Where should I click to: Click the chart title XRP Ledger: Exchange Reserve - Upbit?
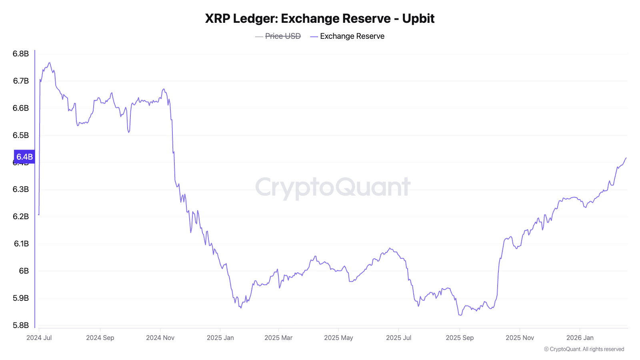pos(320,19)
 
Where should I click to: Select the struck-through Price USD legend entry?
pos(283,36)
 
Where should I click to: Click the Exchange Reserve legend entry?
pos(352,36)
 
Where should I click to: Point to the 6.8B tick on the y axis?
pos(21,54)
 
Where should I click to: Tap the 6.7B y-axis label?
pos(21,81)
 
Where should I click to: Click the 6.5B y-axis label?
pos(21,135)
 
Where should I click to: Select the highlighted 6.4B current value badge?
pos(24,157)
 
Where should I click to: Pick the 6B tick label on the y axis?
pos(24,271)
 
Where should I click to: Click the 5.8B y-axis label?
pos(21,325)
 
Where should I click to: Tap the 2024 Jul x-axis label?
pos(39,338)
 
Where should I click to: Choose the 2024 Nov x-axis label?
pos(160,338)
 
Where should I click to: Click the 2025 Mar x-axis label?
pos(278,338)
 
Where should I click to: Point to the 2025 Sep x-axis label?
pos(460,338)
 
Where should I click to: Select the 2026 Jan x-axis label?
pos(580,338)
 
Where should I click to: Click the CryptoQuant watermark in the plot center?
pos(333,187)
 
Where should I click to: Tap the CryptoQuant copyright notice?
pos(584,349)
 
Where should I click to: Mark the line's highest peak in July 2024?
pos(49,63)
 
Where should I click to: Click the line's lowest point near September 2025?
pos(460,315)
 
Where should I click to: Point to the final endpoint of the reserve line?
pos(626,158)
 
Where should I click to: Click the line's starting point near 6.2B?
pos(39,215)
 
